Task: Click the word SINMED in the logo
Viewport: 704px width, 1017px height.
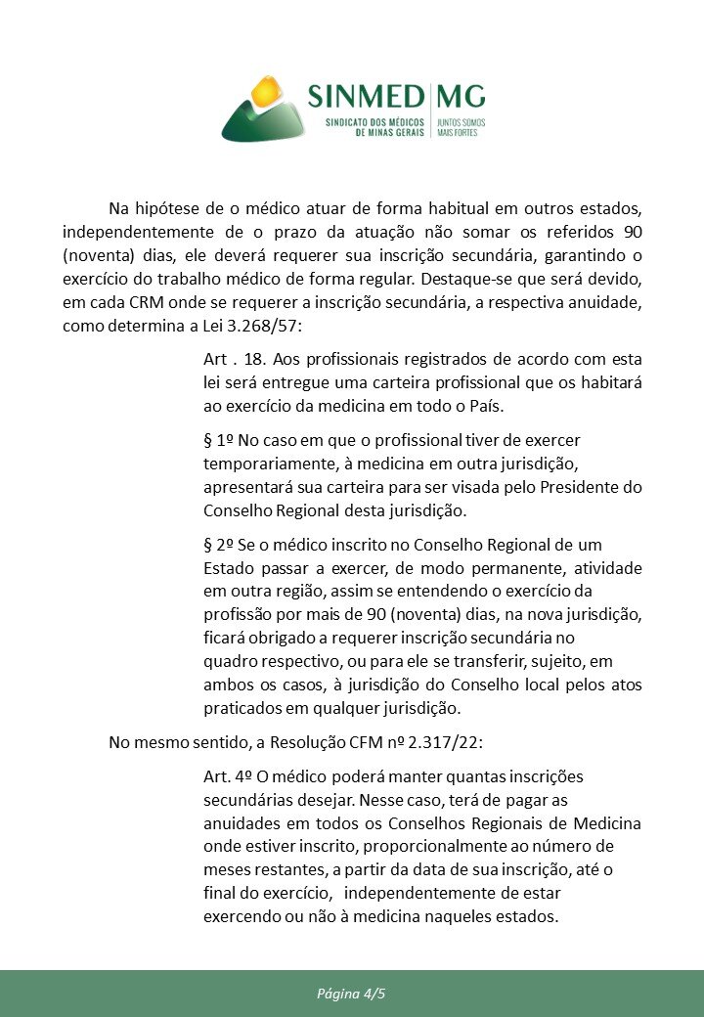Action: click(366, 97)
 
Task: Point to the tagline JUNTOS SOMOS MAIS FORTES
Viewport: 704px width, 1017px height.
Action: click(460, 127)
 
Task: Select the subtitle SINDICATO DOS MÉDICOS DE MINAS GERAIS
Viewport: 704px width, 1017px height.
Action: click(375, 127)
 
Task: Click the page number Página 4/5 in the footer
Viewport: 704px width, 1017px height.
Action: click(351, 994)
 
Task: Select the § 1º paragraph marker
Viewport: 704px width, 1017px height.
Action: click(219, 440)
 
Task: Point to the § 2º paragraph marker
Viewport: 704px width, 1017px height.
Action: click(219, 544)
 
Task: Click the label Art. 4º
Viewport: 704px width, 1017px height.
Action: click(229, 776)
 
